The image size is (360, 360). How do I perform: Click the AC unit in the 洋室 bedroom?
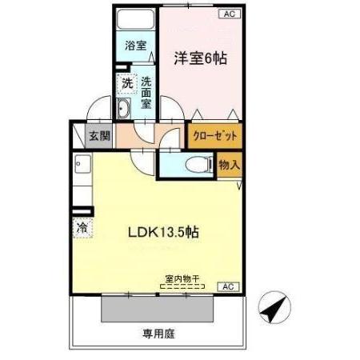230,14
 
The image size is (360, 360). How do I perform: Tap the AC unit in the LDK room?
229,286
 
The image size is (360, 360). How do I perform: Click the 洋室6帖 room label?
201,58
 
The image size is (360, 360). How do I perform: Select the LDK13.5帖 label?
163,232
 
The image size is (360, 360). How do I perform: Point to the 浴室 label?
136,46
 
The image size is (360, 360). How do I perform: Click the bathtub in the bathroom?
136,19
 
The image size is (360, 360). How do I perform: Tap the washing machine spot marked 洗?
127,84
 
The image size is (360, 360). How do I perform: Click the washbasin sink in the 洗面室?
123,108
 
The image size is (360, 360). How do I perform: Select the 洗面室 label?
146,93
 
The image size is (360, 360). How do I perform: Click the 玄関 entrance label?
99,136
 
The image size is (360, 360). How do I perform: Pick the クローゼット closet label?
215,136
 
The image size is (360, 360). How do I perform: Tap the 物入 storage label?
230,165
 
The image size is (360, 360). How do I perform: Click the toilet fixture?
199,165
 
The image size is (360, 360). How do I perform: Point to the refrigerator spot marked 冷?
82,227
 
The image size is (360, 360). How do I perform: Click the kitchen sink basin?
82,163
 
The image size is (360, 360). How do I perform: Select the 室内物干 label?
182,279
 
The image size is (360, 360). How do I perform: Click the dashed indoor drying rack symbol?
182,286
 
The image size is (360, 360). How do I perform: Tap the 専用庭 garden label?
158,334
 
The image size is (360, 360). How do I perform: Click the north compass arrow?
274,307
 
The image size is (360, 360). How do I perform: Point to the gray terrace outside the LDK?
158,310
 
